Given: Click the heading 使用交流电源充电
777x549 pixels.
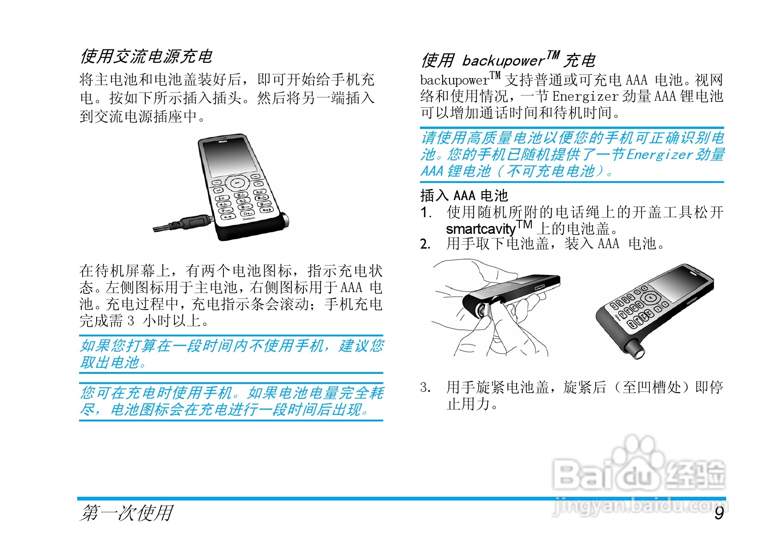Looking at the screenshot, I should pos(146,57).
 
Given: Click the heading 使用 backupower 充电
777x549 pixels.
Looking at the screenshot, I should pos(508,60).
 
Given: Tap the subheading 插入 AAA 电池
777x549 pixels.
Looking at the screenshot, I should pos(464,195).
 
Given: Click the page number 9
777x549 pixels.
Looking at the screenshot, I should pos(719,513).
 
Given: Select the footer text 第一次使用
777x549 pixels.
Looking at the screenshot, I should pos(126,513).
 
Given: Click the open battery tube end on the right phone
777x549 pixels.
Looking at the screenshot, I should pos(639,353).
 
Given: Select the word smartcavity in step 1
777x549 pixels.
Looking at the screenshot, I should pos(480,229).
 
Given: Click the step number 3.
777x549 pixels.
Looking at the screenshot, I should pos(425,387).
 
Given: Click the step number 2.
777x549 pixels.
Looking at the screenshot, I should pos(425,244).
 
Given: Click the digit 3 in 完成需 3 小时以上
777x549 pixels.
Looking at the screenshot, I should pos(131,320).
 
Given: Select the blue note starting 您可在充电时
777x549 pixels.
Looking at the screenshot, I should pos(231,401).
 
